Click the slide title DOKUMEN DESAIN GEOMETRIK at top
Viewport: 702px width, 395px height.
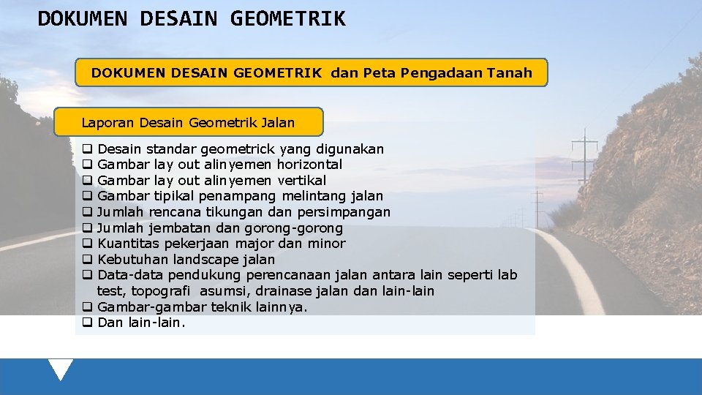[x=192, y=18]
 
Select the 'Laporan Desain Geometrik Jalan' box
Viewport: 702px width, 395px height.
[x=188, y=122]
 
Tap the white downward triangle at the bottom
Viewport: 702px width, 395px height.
[x=61, y=369]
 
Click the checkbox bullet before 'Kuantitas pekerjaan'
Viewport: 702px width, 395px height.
[x=87, y=244]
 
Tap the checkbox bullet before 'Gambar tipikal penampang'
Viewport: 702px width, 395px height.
[x=87, y=196]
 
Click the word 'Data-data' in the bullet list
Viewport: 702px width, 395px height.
[x=130, y=275]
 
